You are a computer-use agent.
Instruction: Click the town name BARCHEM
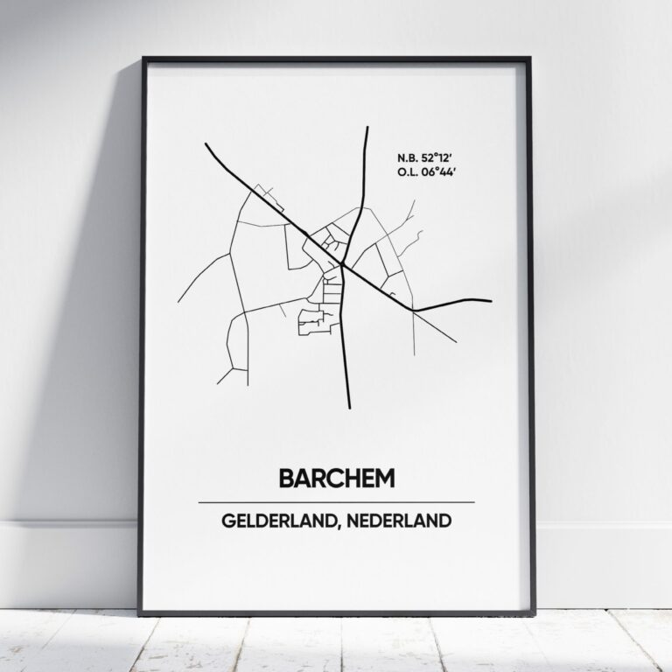coord(337,478)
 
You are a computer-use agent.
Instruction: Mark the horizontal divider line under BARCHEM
coord(337,502)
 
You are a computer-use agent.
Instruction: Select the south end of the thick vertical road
coord(348,407)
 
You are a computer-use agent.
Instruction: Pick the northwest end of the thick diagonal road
coord(206,144)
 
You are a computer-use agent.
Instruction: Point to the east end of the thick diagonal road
coord(490,301)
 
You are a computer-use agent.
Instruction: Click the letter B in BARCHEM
coord(286,478)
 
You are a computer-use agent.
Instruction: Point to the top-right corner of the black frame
coord(529,59)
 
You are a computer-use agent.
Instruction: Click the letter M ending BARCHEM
coord(384,478)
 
